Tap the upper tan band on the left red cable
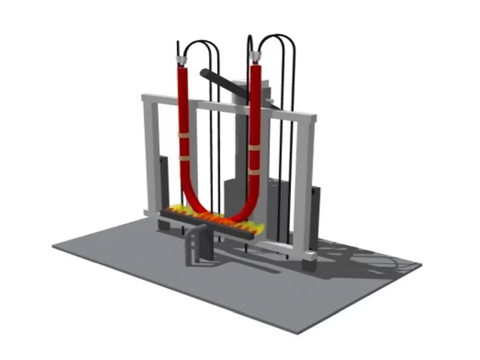pyautogui.click(x=184, y=135)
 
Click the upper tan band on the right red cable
pyautogui.click(x=254, y=148)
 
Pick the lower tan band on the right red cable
pyautogui.click(x=254, y=172)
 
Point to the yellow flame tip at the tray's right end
pyautogui.click(x=260, y=229)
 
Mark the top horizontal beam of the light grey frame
pyautogui.click(x=228, y=106)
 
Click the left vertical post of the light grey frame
pyautogui.click(x=151, y=160)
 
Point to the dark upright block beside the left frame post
pyautogui.click(x=164, y=180)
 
